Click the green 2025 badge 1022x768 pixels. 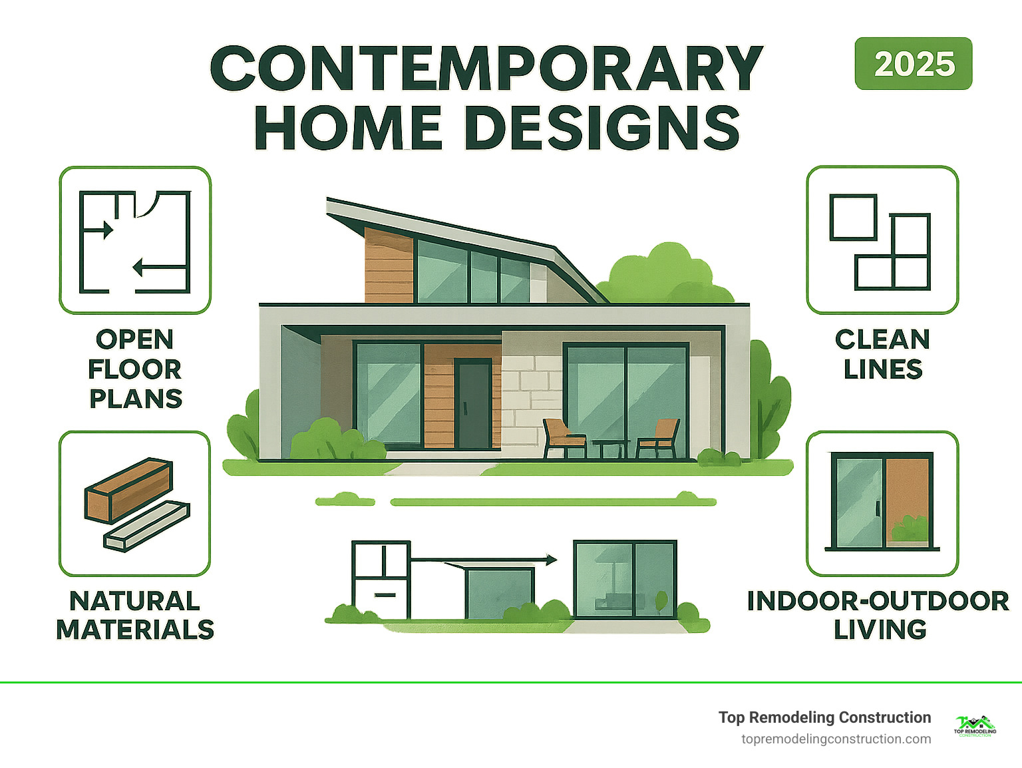[913, 64]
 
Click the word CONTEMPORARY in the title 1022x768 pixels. [486, 69]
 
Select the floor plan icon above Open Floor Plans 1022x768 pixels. [135, 241]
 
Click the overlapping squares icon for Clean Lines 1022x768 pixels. [881, 241]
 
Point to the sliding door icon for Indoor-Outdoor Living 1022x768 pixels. [882, 502]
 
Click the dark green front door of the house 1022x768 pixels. [473, 403]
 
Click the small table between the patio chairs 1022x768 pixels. [610, 447]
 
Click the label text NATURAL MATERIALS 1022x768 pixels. [135, 615]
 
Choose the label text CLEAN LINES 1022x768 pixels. [882, 354]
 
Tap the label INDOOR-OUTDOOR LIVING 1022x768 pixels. [878, 615]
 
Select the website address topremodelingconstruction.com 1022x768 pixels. [836, 739]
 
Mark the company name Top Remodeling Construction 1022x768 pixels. [824, 717]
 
